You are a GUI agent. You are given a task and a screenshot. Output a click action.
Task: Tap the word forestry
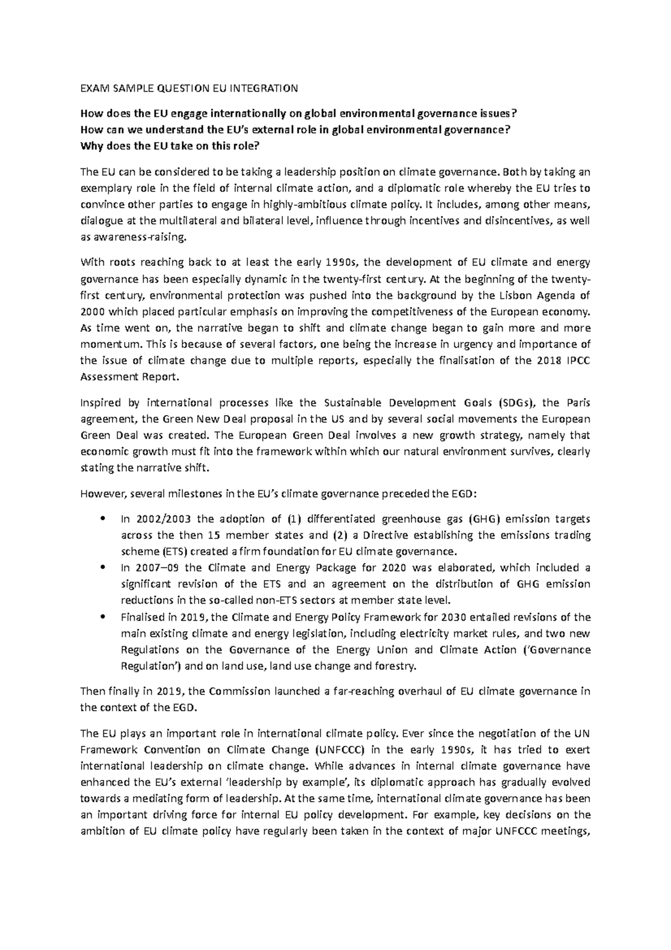click(x=395, y=666)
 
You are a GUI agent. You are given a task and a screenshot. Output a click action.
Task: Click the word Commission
click(x=235, y=691)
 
